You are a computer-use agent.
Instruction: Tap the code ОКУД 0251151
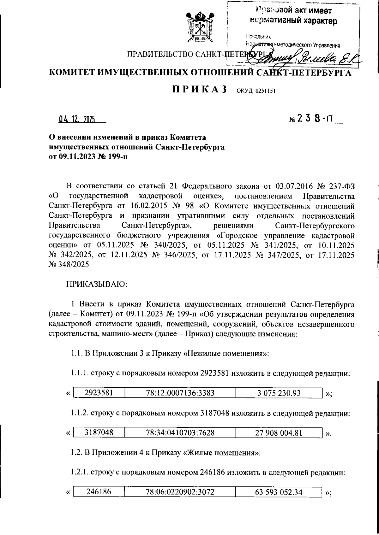click(256, 91)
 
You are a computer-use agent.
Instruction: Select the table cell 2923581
click(99, 393)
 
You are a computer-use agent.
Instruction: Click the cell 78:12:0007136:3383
click(180, 393)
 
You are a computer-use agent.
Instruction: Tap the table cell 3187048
click(99, 433)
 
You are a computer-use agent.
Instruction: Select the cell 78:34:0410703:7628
click(180, 433)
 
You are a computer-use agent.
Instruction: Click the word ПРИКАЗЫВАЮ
click(96, 284)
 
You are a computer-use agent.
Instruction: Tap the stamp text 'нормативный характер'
click(293, 21)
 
